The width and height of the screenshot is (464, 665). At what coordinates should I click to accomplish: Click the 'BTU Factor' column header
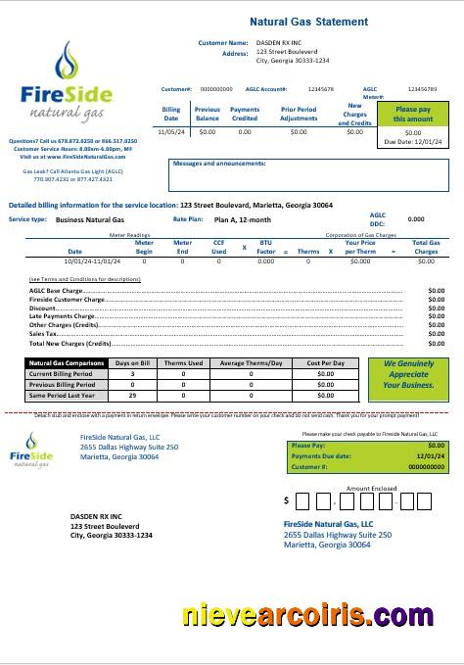(x=265, y=248)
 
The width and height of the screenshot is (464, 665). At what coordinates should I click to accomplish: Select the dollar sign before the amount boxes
(x=286, y=500)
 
